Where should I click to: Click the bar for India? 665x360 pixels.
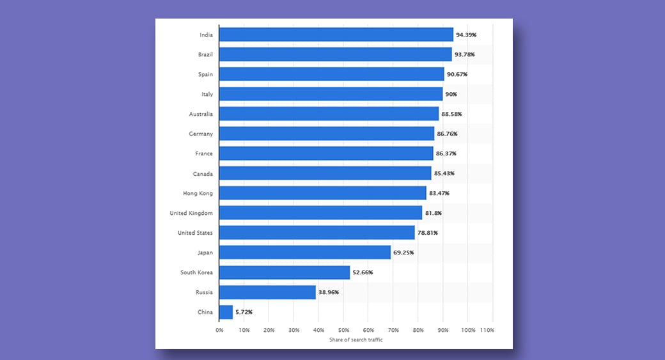click(x=336, y=35)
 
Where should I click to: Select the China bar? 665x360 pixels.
click(x=226, y=312)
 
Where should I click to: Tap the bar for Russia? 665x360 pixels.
click(x=267, y=292)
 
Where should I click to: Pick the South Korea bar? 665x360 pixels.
click(x=285, y=272)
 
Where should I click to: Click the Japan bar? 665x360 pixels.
click(x=305, y=253)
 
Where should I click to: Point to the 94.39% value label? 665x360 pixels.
click(x=466, y=35)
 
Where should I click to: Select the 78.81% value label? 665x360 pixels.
click(x=428, y=233)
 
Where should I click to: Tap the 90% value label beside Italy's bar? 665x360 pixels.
click(x=452, y=94)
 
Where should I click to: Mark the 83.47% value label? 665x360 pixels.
click(x=439, y=193)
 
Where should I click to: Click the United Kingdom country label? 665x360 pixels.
click(x=191, y=213)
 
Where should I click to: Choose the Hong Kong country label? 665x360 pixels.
click(x=198, y=193)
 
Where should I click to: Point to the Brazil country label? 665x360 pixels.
click(x=205, y=54)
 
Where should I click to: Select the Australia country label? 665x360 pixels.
click(x=201, y=114)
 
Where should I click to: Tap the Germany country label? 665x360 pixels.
click(x=201, y=134)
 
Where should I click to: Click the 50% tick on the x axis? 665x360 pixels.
click(x=343, y=330)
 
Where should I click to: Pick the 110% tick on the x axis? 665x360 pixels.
click(x=487, y=330)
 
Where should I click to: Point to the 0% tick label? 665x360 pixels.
click(x=219, y=330)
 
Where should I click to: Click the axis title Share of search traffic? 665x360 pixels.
click(x=356, y=340)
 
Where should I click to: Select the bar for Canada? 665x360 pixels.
click(x=325, y=173)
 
